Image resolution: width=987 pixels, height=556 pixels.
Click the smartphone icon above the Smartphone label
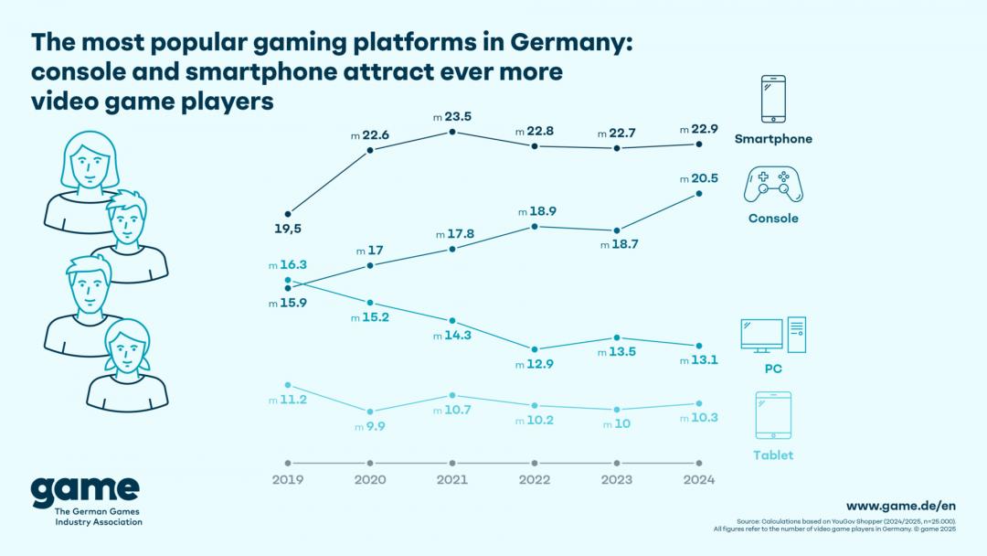click(x=773, y=99)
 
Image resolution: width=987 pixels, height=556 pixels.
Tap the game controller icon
click(x=773, y=184)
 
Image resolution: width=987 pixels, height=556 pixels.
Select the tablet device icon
click(x=773, y=416)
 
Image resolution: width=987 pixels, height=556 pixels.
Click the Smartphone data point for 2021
click(x=452, y=133)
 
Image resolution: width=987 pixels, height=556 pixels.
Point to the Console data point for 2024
click(x=699, y=194)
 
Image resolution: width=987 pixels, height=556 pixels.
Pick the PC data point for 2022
click(x=535, y=349)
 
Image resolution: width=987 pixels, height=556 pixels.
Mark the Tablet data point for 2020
click(x=370, y=412)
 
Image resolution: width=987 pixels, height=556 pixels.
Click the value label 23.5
click(x=457, y=115)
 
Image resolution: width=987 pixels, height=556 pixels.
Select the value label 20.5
click(x=704, y=178)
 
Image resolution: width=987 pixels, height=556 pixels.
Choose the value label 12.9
click(x=539, y=365)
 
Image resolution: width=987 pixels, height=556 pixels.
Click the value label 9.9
click(x=375, y=426)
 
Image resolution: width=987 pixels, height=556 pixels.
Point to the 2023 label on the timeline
click(x=617, y=479)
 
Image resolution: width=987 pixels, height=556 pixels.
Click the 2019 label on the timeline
click(x=288, y=479)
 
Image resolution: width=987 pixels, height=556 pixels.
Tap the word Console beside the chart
click(x=773, y=219)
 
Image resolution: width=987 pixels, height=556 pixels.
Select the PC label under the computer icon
click(x=773, y=369)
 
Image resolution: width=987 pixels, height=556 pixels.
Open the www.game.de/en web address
click(x=900, y=506)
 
